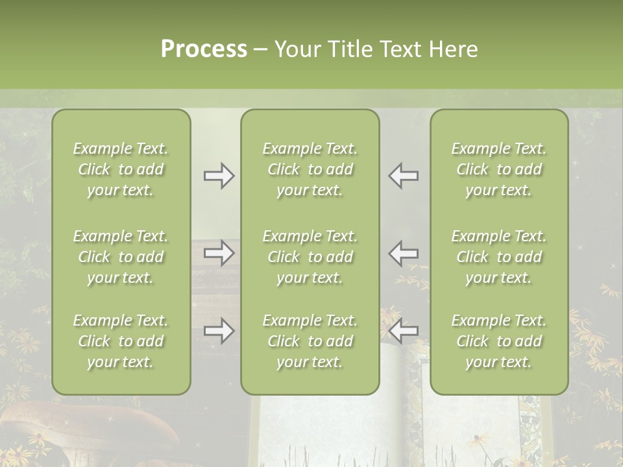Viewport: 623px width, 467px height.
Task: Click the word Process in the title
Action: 204,49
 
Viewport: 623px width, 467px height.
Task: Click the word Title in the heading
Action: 348,49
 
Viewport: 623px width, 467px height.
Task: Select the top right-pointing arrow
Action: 219,176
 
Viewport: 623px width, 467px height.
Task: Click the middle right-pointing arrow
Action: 219,253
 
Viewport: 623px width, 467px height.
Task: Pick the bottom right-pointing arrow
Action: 219,331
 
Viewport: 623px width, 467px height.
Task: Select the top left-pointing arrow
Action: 404,176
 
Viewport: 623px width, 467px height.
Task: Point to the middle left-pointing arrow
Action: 404,253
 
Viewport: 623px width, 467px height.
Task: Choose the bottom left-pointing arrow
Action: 404,331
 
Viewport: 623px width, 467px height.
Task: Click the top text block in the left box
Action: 121,169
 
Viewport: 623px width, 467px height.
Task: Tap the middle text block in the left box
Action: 121,257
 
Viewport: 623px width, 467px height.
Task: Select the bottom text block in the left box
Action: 121,341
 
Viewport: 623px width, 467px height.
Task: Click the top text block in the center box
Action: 310,169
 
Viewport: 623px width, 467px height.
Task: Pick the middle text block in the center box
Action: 310,257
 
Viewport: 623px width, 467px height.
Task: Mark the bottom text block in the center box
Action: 310,341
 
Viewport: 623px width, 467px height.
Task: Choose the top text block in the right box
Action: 499,169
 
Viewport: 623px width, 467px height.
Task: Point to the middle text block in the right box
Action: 499,257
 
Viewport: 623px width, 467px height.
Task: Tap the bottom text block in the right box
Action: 499,341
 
